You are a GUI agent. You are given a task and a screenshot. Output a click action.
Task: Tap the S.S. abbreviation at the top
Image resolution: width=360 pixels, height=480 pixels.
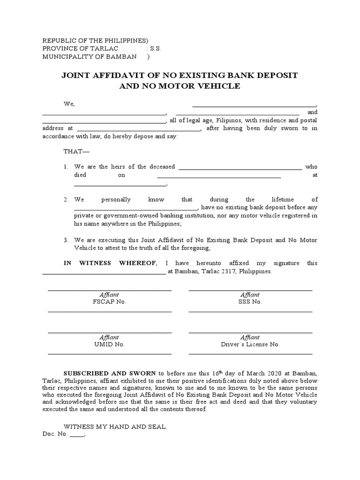(155, 49)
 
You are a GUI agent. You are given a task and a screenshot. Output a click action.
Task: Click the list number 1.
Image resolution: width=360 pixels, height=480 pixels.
(66, 167)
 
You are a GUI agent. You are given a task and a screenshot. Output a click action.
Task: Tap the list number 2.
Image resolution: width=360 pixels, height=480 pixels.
(66, 200)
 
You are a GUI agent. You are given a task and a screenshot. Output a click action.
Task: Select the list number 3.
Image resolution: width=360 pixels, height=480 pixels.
(66, 240)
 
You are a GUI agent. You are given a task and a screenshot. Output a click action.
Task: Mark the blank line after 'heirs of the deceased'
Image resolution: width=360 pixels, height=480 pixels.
(240, 167)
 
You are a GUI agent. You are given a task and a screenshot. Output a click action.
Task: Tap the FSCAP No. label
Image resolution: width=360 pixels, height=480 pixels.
(110, 302)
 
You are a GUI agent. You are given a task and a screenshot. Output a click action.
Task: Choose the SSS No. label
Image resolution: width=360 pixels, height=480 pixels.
(250, 302)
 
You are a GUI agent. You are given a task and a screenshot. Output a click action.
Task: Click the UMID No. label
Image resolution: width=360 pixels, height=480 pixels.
(109, 344)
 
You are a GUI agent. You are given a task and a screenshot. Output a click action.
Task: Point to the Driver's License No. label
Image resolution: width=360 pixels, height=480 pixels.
(250, 344)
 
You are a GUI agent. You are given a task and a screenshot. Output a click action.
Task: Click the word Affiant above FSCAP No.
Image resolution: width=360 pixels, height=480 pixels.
(109, 295)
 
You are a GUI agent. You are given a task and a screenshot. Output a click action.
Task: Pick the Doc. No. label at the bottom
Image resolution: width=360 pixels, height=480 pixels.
(55, 435)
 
